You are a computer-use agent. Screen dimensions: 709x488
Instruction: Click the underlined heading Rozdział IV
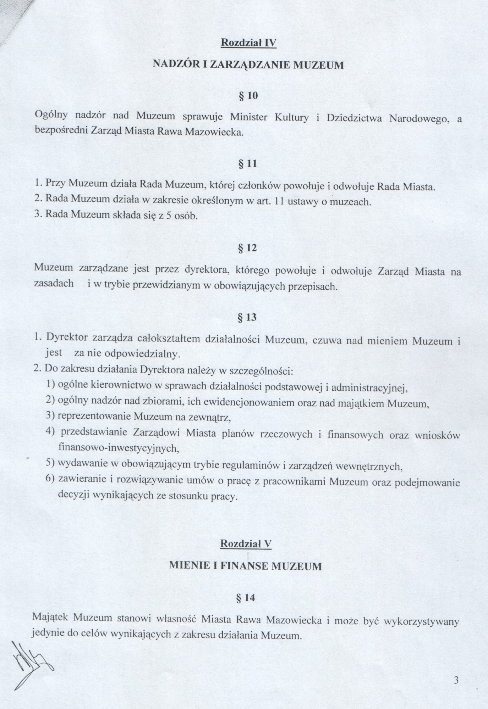(x=248, y=43)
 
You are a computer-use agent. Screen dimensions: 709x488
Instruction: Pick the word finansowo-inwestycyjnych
(x=118, y=448)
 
